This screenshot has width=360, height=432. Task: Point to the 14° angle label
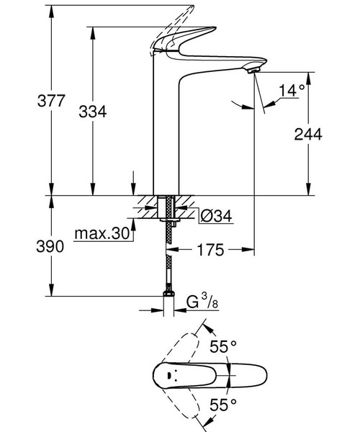tap(292, 91)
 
